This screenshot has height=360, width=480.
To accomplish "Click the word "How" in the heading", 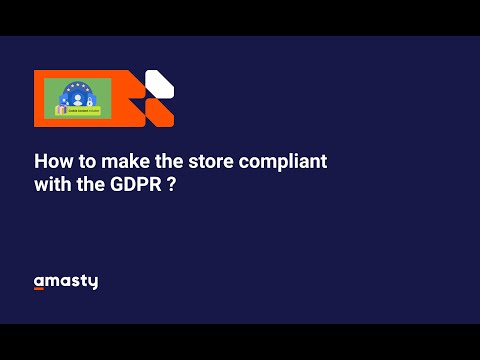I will tap(51, 161).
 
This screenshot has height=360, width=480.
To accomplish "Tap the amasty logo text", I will tap(66, 282).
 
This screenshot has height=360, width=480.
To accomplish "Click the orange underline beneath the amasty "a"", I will tap(40, 289).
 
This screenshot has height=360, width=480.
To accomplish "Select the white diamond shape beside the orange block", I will tap(159, 84).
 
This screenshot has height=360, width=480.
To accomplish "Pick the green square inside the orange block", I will tap(78, 98).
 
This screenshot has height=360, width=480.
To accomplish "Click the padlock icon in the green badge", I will tap(90, 101).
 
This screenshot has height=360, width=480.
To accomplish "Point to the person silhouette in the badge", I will tap(76, 98).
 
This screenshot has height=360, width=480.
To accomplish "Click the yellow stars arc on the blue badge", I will tap(77, 86).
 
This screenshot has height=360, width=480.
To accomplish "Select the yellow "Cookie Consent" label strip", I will tap(82, 112).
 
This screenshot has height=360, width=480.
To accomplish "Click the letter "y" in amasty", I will tap(93, 283).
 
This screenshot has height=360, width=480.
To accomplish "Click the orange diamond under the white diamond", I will tap(160, 113).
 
